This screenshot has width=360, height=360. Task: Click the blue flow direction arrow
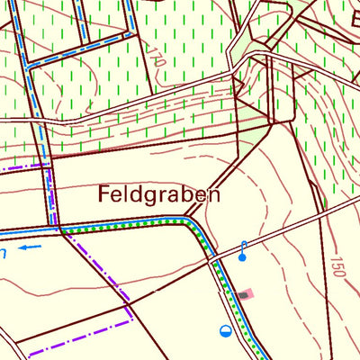point(31,246)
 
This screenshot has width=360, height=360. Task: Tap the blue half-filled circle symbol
point(225,330)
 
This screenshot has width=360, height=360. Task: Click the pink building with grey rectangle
point(246,293)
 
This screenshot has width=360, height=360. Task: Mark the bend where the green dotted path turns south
point(192,222)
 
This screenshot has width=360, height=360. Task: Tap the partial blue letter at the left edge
point(3,255)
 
